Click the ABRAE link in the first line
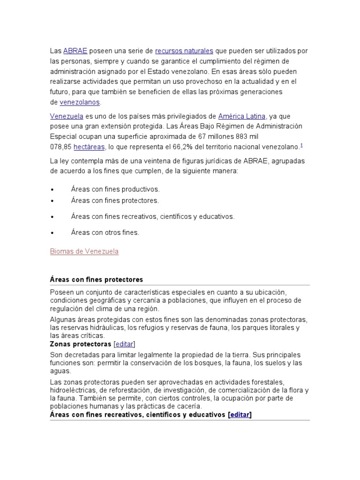coord(75,51)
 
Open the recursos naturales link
coord(184,51)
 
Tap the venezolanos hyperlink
coord(80,102)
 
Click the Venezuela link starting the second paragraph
coord(67,116)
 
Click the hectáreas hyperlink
coord(89,147)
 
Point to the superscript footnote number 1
coord(301,145)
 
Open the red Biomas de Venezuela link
coord(84,251)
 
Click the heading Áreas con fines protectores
coord(97,279)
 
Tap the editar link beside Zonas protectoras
coord(124,344)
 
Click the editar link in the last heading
coord(240,414)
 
